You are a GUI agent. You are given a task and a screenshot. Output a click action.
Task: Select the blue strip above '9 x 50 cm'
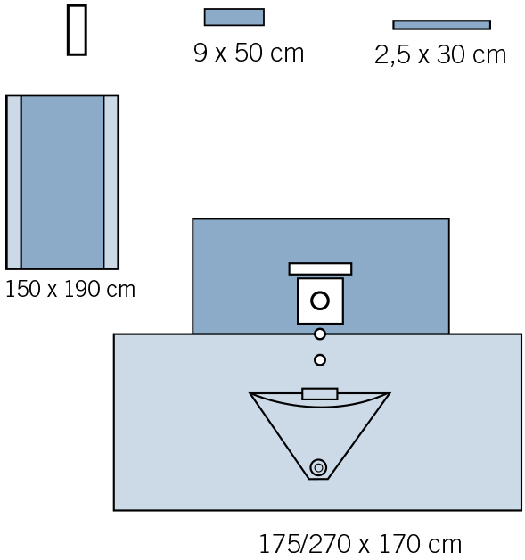(x=234, y=17)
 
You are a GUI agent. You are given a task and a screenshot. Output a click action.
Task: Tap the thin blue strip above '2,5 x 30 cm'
(x=441, y=25)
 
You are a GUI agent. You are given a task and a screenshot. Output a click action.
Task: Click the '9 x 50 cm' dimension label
(x=249, y=53)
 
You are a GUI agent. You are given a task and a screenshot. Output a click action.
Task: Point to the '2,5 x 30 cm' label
(x=440, y=55)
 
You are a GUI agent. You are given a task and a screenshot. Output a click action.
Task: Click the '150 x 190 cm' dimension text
(x=70, y=289)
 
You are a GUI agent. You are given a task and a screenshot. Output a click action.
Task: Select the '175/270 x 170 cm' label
(x=360, y=544)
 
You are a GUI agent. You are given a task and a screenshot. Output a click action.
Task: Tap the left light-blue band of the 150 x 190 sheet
(x=13, y=182)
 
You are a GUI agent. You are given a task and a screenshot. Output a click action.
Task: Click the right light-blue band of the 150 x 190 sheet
(x=111, y=182)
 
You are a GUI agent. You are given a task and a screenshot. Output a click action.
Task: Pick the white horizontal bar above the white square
(x=320, y=269)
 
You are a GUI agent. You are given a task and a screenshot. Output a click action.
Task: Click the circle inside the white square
(x=320, y=301)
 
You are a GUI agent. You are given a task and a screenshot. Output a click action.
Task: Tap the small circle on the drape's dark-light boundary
(x=320, y=334)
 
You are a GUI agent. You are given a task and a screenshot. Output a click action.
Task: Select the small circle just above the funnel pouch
(x=320, y=360)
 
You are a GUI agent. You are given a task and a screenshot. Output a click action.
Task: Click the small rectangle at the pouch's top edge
(x=320, y=394)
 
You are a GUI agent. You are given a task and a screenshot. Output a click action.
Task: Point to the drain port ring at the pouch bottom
(x=318, y=467)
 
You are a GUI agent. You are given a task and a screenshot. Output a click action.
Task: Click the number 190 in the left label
(x=82, y=289)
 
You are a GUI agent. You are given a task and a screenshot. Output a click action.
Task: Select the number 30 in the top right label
(x=451, y=55)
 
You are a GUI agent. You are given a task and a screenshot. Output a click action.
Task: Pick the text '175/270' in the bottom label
(x=305, y=544)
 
